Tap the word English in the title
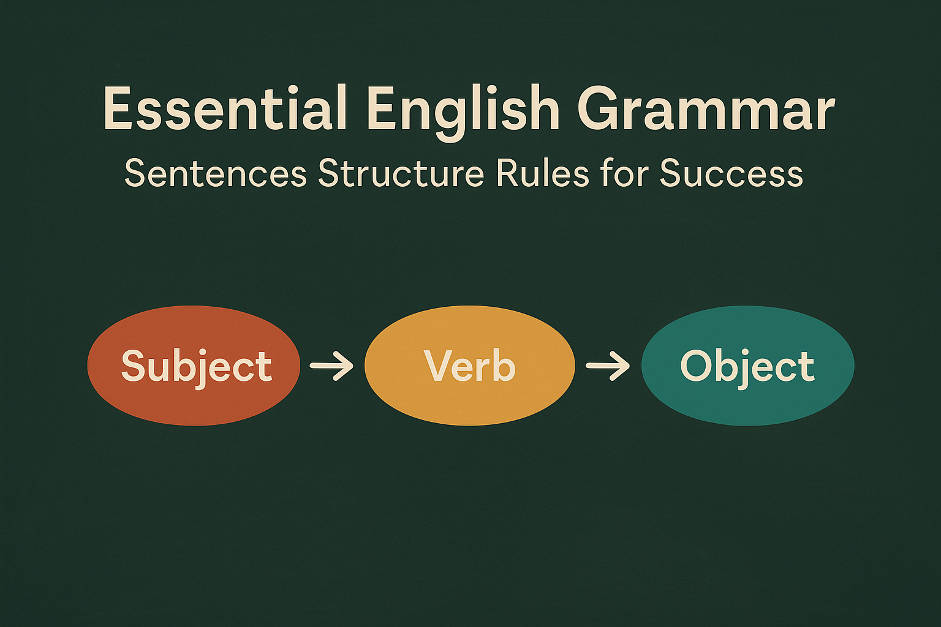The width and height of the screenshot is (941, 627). click(463, 109)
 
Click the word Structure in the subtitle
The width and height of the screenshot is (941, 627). click(401, 173)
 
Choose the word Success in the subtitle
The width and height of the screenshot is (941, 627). click(731, 173)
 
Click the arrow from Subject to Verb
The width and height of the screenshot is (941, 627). click(331, 366)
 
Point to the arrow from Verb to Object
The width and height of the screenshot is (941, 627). click(608, 366)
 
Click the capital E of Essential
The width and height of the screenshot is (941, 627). click(119, 109)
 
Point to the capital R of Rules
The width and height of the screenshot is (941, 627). click(507, 173)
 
